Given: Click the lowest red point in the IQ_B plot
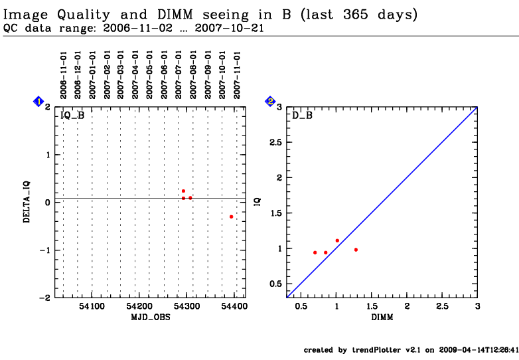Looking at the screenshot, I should coord(231,217).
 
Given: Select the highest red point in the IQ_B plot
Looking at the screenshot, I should coord(183,191).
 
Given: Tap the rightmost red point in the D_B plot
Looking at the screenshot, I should coord(356,250).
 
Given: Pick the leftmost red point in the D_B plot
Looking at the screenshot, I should coord(315,252).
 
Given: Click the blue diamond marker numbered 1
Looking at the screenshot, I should coord(38,101).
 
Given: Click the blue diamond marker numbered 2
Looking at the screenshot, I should coord(270,101).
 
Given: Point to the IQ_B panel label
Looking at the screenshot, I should coord(72,116).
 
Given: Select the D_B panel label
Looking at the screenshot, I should coord(303,116).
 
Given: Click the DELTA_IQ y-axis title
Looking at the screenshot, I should coord(27,202).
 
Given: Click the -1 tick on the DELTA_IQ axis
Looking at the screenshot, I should coord(46,250).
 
